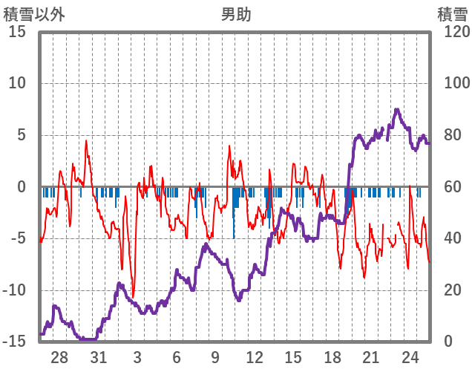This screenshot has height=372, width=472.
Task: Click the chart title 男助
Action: click(236, 14)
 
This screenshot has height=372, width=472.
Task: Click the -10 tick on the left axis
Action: click(15, 290)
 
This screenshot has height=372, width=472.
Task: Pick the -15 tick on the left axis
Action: click(15, 342)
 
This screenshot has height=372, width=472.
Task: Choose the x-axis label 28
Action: click(59, 357)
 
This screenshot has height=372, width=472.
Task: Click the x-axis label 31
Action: click(99, 357)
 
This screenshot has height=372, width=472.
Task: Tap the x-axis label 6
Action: click(177, 357)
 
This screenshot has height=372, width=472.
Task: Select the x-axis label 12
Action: click(255, 357)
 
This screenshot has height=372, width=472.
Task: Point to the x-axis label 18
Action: click(332, 357)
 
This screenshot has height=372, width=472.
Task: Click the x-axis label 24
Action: click(410, 357)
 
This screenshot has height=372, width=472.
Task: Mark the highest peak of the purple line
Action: click(397, 110)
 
